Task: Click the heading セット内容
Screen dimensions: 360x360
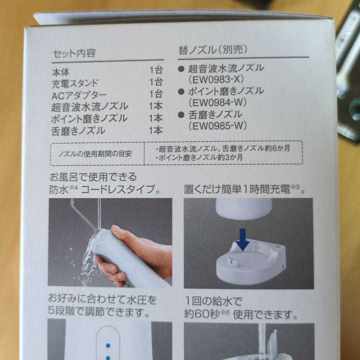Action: point(74,53)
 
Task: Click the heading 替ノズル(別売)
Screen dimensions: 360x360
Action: point(213,50)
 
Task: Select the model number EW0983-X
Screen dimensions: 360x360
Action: point(216,79)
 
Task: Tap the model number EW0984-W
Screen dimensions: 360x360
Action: point(218,102)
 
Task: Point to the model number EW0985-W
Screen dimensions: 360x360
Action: point(218,126)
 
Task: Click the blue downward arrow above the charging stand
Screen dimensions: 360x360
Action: point(243,239)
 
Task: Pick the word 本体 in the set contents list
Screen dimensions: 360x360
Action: point(61,72)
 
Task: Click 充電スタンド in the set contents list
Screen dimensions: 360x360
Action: point(75,84)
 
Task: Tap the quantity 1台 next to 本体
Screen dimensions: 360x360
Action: point(156,70)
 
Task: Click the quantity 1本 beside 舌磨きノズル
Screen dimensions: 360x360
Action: point(156,130)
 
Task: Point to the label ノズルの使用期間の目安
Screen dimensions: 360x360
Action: point(95,154)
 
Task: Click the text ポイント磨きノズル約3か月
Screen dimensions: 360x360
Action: point(199,158)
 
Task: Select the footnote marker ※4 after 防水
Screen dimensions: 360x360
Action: point(74,188)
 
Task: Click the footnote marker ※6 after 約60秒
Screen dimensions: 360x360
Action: point(225,312)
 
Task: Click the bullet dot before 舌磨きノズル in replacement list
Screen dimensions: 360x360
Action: point(181,115)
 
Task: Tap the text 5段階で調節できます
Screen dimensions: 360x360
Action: point(99,312)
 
